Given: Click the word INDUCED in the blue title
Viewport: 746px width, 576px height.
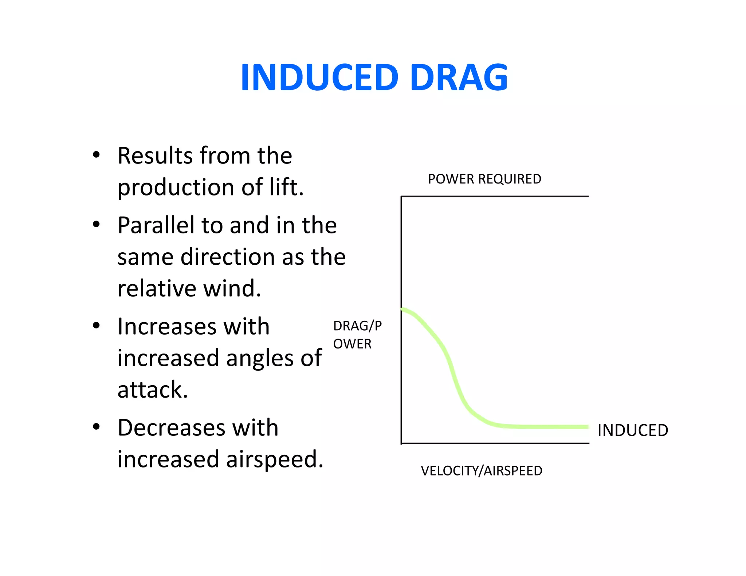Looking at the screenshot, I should (319, 77).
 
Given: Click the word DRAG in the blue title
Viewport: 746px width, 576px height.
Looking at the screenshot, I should (459, 77).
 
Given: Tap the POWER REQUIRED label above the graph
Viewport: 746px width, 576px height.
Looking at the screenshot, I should (484, 179).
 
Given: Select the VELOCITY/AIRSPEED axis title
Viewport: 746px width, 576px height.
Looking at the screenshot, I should (482, 471).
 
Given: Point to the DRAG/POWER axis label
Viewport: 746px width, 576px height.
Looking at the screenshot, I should (357, 335).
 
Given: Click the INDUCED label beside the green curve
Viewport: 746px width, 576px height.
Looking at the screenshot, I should (633, 430).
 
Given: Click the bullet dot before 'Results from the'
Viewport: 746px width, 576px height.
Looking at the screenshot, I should (96, 155).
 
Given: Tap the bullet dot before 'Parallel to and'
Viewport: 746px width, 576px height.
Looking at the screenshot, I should (96, 224).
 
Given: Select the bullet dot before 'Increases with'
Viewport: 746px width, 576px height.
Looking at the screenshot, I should (96, 326).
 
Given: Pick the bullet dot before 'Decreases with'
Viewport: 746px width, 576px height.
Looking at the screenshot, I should (96, 426).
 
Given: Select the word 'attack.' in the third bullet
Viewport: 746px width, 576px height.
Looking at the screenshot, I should (152, 390).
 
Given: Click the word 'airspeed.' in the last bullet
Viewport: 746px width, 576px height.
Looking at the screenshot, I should (275, 459).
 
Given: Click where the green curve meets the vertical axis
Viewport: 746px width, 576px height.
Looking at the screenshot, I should (402, 309).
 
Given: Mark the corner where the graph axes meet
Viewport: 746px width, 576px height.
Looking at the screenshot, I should (401, 443).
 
